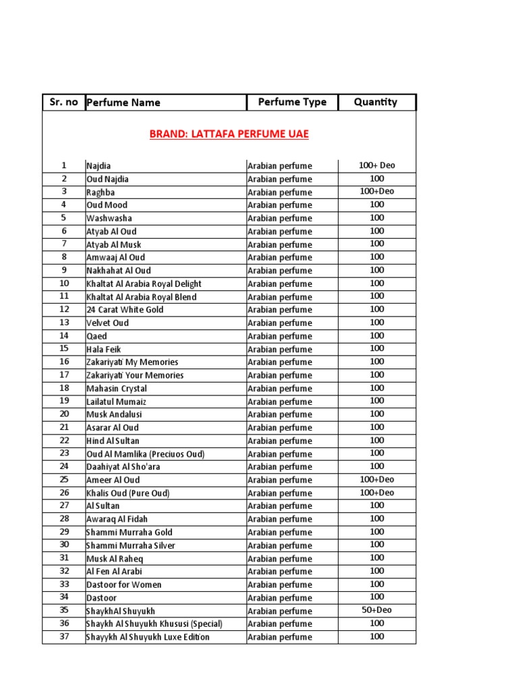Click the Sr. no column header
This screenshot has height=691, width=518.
(x=64, y=103)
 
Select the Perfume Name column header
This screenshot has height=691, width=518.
(x=123, y=103)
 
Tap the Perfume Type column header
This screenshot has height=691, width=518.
(x=292, y=102)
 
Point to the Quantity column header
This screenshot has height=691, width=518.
(x=376, y=102)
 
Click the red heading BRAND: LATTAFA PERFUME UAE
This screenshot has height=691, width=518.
(x=229, y=134)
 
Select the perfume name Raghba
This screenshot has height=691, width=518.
(x=100, y=192)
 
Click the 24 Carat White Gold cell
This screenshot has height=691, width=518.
(x=125, y=310)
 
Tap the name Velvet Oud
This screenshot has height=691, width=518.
(x=107, y=323)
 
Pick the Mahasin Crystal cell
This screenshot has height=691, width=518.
(x=116, y=388)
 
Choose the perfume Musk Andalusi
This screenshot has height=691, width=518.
(x=114, y=414)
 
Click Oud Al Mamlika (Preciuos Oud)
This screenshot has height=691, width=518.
(x=145, y=453)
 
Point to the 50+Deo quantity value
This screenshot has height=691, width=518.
(x=376, y=610)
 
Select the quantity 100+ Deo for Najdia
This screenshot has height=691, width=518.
(x=376, y=165)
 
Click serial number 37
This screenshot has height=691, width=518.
(x=64, y=636)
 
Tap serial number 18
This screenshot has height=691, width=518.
(x=64, y=388)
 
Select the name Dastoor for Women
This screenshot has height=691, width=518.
(x=124, y=584)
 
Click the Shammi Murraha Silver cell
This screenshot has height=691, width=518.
(x=131, y=545)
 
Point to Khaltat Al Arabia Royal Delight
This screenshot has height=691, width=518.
(x=144, y=283)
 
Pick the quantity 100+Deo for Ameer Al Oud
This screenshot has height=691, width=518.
(x=376, y=479)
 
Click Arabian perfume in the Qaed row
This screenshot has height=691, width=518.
(x=280, y=336)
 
